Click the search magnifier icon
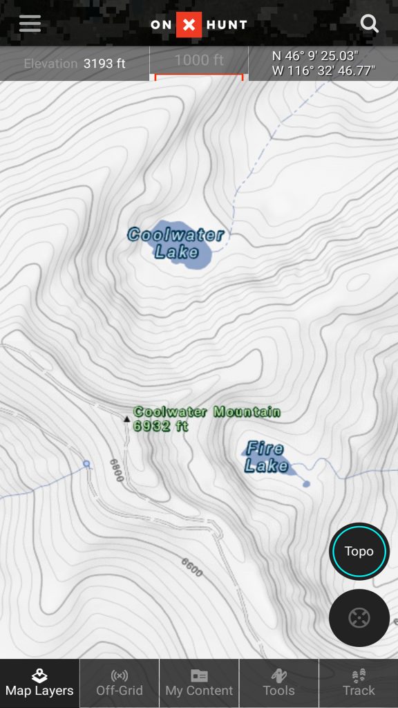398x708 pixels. [x=370, y=24]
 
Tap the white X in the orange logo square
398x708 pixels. [x=189, y=26]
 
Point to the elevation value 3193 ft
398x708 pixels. [x=104, y=64]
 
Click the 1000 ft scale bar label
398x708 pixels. [x=199, y=60]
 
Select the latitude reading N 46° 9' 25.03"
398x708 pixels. [x=315, y=56]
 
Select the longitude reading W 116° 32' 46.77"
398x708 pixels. [x=323, y=70]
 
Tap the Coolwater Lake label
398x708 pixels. [x=176, y=243]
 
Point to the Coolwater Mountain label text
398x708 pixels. [x=207, y=412]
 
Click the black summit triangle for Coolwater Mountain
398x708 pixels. [x=126, y=419]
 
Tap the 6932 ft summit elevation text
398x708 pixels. [x=161, y=426]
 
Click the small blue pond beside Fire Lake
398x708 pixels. [x=306, y=483]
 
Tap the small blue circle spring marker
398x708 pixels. [x=86, y=464]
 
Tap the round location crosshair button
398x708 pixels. [x=359, y=617]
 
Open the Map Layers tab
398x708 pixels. [x=39, y=682]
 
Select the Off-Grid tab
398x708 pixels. [x=120, y=682]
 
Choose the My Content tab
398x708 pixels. [x=199, y=682]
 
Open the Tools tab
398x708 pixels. [x=278, y=682]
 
